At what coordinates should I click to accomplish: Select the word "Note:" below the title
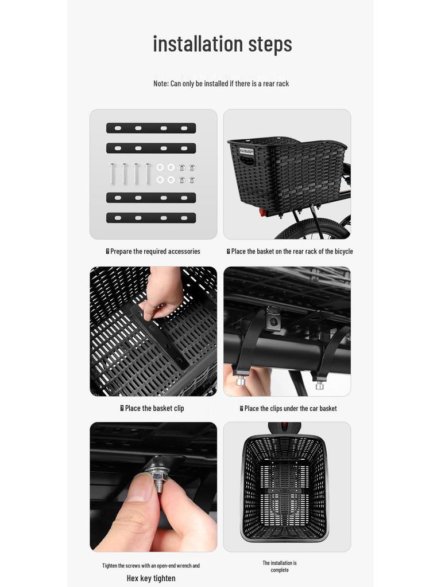pyautogui.click(x=161, y=84)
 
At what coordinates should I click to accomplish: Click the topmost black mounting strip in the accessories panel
pyautogui.click(x=151, y=128)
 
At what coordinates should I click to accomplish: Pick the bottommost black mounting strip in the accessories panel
pyautogui.click(x=151, y=218)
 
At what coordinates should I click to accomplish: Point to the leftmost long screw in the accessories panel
pyautogui.click(x=113, y=173)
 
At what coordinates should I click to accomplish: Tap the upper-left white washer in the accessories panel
pyautogui.click(x=160, y=167)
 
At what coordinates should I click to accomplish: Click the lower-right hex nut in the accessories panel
pyautogui.click(x=192, y=180)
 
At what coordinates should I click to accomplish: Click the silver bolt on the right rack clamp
pyautogui.click(x=319, y=385)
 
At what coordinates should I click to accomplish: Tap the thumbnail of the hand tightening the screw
pyautogui.click(x=153, y=487)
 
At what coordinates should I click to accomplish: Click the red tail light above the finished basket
pyautogui.click(x=284, y=428)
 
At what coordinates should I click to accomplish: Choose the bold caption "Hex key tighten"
pyautogui.click(x=151, y=578)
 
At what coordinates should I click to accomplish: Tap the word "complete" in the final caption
pyautogui.click(x=280, y=570)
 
